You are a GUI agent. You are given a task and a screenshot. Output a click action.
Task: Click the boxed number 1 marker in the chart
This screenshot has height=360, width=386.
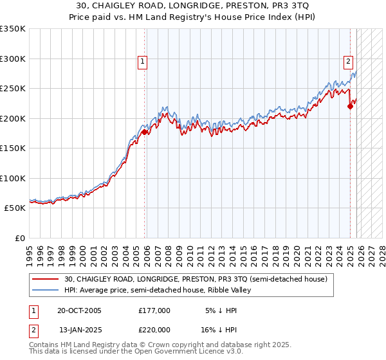tap(142, 62)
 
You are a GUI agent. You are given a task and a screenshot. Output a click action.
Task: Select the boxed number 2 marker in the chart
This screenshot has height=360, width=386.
tap(348, 62)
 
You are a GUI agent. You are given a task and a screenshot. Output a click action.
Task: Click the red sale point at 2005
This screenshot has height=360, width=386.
tap(145, 132)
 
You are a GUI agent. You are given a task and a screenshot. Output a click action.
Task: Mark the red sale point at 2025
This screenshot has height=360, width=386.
tap(350, 107)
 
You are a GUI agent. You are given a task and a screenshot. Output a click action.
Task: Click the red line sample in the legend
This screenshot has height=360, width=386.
tap(46, 279)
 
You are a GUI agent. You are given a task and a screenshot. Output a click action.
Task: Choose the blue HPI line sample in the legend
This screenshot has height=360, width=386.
tap(46, 290)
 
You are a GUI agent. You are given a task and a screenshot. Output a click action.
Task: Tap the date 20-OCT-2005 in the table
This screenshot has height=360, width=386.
tap(79, 310)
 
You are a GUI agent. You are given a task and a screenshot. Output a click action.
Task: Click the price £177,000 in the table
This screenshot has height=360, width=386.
tap(154, 310)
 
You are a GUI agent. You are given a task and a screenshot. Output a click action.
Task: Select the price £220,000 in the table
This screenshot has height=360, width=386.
tap(154, 329)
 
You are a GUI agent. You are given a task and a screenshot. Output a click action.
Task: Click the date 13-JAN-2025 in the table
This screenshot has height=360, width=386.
tap(80, 329)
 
